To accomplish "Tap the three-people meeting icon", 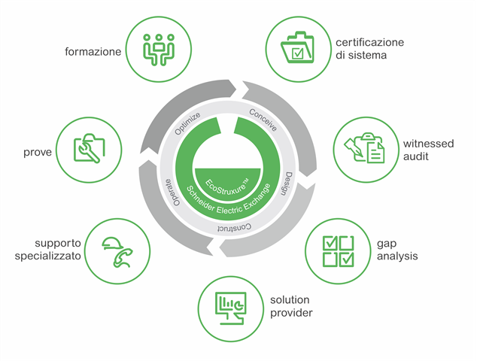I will tap(159, 47).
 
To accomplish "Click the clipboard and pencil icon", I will tap(365, 149).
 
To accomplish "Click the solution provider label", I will tap(290, 306).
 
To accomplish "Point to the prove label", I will tap(38, 152).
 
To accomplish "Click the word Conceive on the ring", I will tap(263, 121).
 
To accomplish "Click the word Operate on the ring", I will tap(170, 194).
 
